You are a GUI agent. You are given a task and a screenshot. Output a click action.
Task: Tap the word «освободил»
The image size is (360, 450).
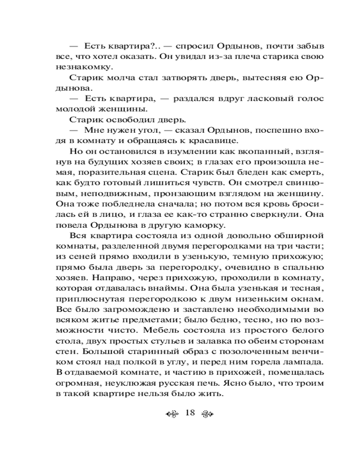[x=125, y=120]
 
